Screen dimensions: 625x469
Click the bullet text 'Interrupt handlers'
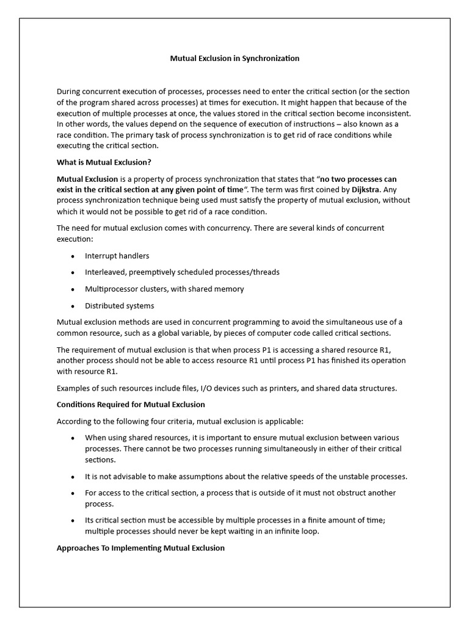point(117,256)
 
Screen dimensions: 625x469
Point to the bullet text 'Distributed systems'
point(119,306)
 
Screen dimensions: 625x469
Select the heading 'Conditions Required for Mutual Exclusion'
point(131,405)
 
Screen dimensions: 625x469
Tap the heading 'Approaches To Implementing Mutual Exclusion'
point(140,548)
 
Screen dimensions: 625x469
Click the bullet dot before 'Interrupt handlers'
point(73,256)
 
